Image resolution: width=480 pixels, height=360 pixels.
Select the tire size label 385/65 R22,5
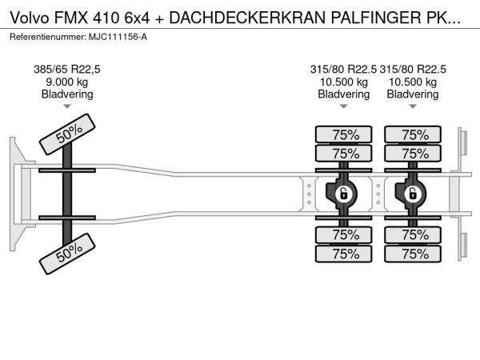pyautogui.click(x=67, y=70)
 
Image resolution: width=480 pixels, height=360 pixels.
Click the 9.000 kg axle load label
pyautogui.click(x=67, y=82)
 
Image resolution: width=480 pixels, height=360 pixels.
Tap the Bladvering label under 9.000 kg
pyautogui.click(x=67, y=94)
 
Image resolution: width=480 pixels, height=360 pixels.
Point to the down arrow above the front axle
pyautogui.click(x=67, y=106)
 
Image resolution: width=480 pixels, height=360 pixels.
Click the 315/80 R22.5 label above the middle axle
pyautogui.click(x=343, y=70)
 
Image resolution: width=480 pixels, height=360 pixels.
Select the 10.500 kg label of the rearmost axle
pyautogui.click(x=413, y=82)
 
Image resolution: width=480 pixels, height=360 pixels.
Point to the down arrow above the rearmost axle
pyautogui.click(x=413, y=106)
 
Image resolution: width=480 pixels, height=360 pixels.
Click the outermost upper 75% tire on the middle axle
pyautogui.click(x=344, y=134)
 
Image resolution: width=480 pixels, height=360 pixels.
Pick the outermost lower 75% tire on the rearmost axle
pyautogui.click(x=413, y=254)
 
